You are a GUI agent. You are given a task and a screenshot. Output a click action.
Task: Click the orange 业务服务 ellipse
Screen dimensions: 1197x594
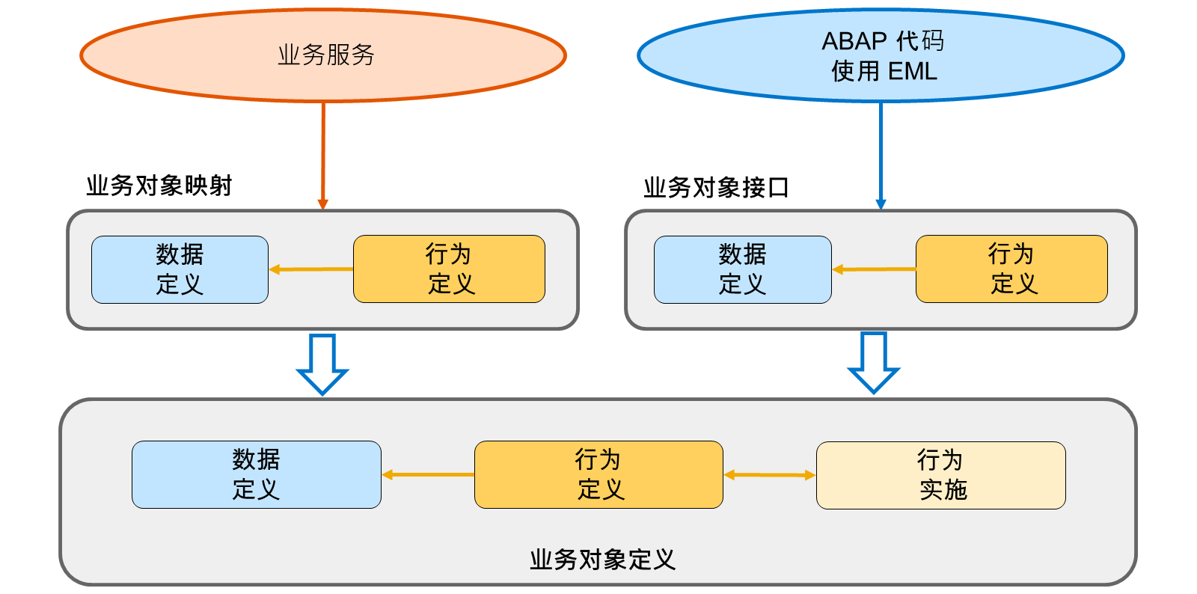pos(322,55)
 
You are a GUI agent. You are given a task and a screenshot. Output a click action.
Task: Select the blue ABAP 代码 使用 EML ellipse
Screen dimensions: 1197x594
pos(881,55)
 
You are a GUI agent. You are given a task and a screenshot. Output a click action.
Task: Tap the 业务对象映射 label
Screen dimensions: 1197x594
pos(159,186)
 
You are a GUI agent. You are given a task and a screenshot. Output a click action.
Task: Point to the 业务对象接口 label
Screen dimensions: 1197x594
pos(716,188)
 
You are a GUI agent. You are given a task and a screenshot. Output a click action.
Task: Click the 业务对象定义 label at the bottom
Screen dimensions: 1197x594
pos(603,560)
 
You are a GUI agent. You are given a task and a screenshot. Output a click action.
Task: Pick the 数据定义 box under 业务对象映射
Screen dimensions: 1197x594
pos(180,270)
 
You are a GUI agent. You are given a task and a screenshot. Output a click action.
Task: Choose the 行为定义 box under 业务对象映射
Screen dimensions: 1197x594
pos(449,269)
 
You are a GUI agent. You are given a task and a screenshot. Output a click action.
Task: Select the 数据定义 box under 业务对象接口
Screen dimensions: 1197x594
pos(743,270)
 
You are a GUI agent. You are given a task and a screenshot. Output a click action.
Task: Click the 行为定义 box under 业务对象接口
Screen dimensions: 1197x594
pos(1011,269)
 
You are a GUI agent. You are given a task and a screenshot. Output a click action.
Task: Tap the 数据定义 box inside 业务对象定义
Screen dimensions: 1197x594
pos(257,474)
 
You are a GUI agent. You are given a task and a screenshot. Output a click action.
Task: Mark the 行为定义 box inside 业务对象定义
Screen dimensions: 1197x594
pos(598,474)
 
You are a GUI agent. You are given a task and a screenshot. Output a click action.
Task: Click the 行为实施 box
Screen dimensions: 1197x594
pos(941,475)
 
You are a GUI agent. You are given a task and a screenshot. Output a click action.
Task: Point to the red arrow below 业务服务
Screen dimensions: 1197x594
pos(322,156)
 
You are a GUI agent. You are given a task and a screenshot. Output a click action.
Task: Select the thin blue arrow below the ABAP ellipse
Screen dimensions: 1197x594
pos(881,156)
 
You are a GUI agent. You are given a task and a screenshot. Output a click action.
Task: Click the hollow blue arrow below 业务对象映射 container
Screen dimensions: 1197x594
pos(322,365)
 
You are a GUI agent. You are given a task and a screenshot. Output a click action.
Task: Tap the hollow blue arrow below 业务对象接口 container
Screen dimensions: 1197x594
pos(874,364)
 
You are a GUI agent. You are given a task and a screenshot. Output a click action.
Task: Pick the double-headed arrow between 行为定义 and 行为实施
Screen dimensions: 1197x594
pos(770,475)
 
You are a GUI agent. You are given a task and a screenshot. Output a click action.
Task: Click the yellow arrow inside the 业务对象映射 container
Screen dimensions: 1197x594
pos(311,269)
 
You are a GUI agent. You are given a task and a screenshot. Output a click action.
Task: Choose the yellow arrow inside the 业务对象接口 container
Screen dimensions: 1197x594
pos(874,269)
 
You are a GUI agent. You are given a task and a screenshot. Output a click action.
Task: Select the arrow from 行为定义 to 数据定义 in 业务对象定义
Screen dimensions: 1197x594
pos(428,474)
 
